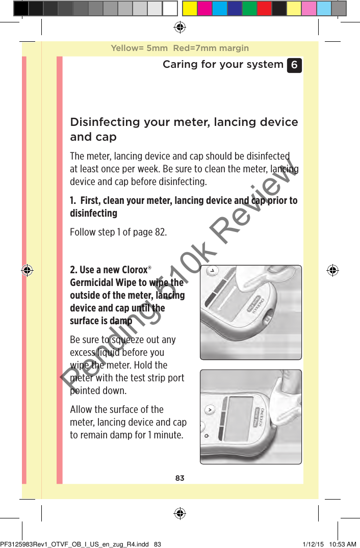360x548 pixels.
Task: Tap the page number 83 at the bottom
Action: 179,478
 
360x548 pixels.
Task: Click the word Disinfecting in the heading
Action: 105,122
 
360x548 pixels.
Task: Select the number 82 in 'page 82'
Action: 159,232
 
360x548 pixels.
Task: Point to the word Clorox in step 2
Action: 134,270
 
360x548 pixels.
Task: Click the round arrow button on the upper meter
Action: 210,270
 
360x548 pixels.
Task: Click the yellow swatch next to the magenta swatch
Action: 190,9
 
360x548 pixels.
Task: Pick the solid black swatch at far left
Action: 21,9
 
